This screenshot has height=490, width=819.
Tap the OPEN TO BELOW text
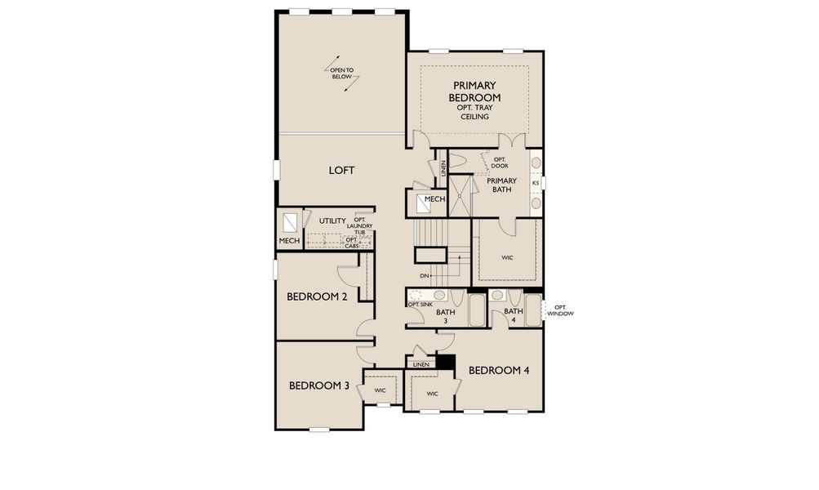point(342,74)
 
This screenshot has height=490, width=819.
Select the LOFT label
point(341,170)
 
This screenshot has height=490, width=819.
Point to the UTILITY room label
point(332,220)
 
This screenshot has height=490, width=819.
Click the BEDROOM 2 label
point(317,296)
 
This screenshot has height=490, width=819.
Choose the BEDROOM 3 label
point(318,385)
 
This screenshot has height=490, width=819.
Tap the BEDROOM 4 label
point(499,370)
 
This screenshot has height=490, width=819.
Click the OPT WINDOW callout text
point(560,310)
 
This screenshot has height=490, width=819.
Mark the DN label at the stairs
point(425,276)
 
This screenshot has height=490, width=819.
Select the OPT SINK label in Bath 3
point(421,304)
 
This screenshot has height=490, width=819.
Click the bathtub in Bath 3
point(476,311)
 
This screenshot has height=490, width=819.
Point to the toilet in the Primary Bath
point(458,161)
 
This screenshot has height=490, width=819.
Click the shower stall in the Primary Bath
point(461,196)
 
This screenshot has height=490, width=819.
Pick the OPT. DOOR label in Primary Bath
point(499,163)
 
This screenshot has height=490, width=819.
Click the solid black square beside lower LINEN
point(445,362)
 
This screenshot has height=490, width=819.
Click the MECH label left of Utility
point(289,241)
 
